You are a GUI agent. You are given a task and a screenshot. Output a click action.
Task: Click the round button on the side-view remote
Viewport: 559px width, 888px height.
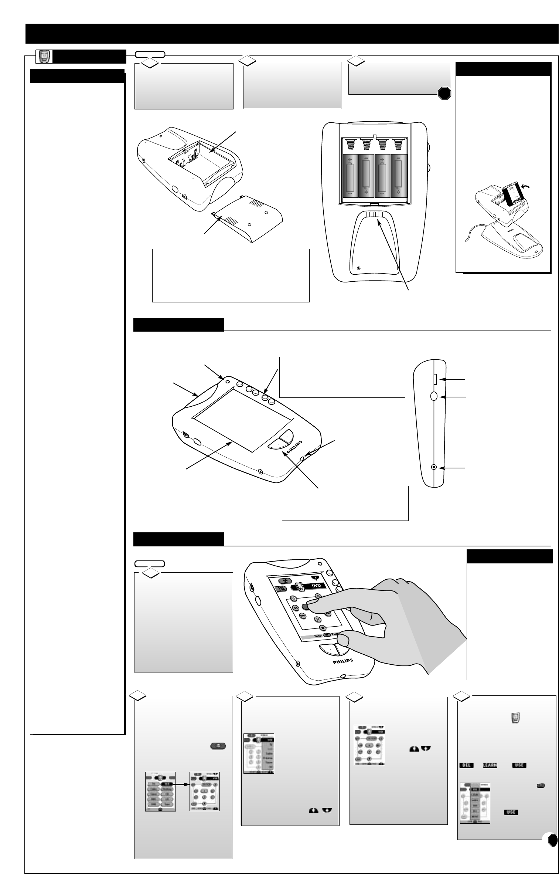pyautogui.click(x=434, y=396)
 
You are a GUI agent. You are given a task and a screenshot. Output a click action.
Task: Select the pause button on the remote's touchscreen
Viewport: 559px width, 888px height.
pyautogui.click(x=318, y=619)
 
